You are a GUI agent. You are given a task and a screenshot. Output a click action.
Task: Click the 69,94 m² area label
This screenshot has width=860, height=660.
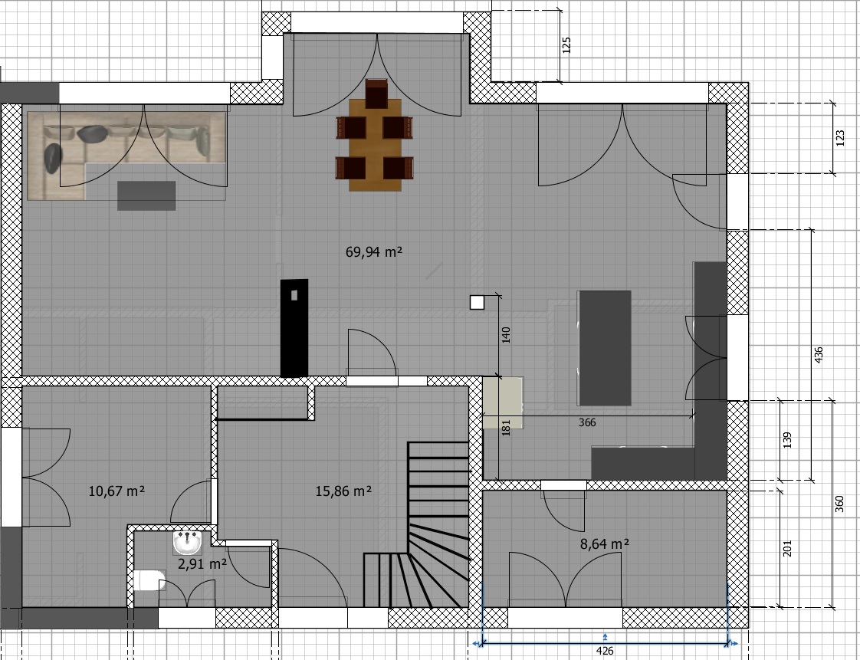pos(374,252)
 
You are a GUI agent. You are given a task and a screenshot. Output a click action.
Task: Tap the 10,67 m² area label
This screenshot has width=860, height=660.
pos(117,491)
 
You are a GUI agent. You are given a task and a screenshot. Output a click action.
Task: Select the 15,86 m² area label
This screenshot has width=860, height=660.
pos(343,491)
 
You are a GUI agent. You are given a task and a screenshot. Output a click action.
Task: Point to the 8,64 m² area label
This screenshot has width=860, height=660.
pos(605,543)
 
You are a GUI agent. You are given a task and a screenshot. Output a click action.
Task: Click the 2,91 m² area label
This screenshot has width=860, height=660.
pos(202,563)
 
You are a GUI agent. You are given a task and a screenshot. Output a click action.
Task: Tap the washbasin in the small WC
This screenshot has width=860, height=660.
pos(188,543)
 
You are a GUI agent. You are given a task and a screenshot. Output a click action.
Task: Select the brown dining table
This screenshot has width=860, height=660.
pos(375,145)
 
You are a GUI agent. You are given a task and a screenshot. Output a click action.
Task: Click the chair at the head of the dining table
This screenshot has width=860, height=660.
pos(376,94)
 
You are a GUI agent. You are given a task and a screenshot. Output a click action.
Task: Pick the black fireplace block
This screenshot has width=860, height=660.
pos(294,328)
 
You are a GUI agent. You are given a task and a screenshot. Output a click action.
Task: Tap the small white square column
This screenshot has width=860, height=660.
pos(478,302)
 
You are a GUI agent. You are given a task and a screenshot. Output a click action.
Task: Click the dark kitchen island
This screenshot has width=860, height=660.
pos(605,348)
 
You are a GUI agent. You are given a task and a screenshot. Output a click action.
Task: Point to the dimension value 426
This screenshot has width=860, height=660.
pos(605,652)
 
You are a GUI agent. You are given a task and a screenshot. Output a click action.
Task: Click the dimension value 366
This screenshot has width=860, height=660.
pos(587,422)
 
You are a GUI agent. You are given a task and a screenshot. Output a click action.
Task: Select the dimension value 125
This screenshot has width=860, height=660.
pos(567,45)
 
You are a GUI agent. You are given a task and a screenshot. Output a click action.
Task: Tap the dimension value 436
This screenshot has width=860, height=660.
pos(819,355)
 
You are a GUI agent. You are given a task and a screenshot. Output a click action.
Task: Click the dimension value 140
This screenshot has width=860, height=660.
pos(506,335)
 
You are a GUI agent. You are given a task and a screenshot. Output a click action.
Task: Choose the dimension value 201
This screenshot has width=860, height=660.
pos(788,548)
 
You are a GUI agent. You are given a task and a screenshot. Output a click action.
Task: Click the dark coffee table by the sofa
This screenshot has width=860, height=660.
pos(146,196)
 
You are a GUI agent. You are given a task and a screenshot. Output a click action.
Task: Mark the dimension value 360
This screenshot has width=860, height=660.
pos(839,504)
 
